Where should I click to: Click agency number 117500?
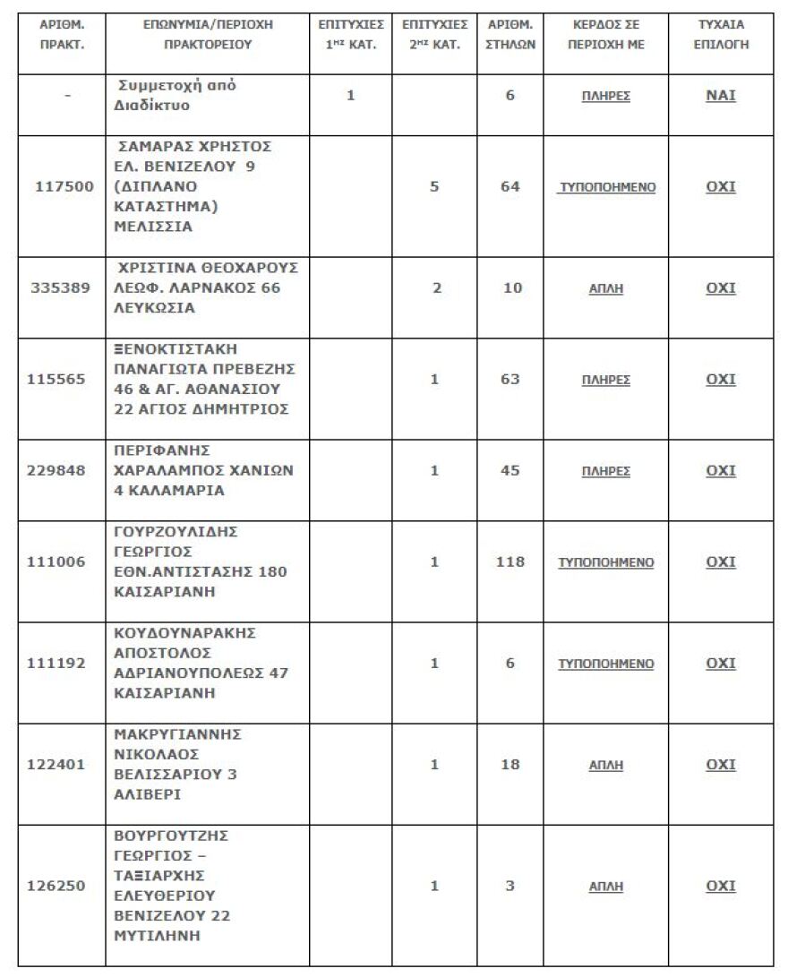pyautogui.click(x=61, y=187)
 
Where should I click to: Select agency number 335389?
pyautogui.click(x=61, y=288)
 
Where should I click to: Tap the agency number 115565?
pyautogui.click(x=61, y=379)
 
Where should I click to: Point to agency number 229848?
pyautogui.click(x=61, y=470)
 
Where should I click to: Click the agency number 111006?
pyautogui.click(x=61, y=561)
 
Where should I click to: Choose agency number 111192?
pyautogui.click(x=61, y=663)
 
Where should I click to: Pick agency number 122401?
pyautogui.click(x=61, y=765)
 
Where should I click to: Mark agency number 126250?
pyautogui.click(x=61, y=886)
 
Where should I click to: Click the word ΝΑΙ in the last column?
pyautogui.click(x=720, y=95)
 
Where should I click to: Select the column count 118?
pyautogui.click(x=510, y=561)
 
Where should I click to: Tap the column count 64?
pyautogui.click(x=510, y=187)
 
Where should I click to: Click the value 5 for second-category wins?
pyautogui.click(x=434, y=187)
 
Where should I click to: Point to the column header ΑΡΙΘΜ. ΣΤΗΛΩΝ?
pyautogui.click(x=510, y=35)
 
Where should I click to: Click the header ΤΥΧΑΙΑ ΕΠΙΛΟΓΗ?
pyautogui.click(x=721, y=35)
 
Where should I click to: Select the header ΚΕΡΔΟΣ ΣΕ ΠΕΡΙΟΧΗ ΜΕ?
pyautogui.click(x=606, y=35)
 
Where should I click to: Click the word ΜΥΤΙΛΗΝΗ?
pyautogui.click(x=158, y=937)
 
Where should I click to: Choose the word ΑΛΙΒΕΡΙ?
pyautogui.click(x=148, y=794)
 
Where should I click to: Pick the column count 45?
pyautogui.click(x=510, y=470)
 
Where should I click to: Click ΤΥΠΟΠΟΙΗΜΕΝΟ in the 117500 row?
pyautogui.click(x=606, y=187)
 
